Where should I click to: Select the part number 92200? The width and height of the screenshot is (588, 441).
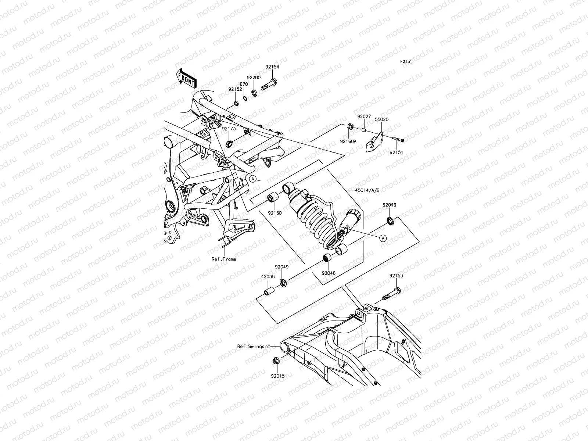pos(254,78)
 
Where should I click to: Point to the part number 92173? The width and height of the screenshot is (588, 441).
pos(228,129)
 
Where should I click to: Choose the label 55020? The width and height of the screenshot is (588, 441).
pos(381,119)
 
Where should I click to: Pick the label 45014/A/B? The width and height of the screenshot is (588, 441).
pos(367,190)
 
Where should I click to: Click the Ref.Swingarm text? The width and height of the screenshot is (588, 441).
pos(254,346)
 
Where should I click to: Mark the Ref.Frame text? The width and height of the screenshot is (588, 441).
pos(224,259)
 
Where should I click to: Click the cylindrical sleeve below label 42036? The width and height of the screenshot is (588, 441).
pos(269,293)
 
